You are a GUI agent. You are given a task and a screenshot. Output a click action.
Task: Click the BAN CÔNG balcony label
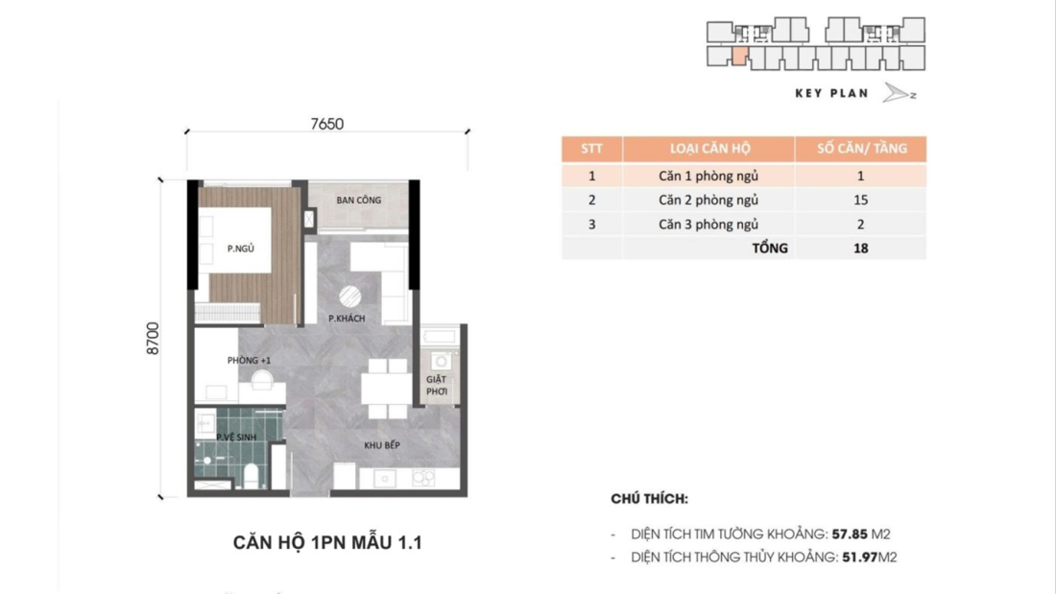point(358,201)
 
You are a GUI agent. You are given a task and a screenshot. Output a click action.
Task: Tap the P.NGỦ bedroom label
point(240,249)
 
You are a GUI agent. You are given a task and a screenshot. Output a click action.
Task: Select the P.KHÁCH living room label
point(347,319)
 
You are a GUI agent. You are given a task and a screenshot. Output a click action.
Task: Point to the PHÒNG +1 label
point(249,360)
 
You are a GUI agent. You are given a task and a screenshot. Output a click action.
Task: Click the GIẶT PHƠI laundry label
point(437,385)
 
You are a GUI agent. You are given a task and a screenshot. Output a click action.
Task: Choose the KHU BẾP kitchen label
point(381,445)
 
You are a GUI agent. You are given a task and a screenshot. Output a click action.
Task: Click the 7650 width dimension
point(326,124)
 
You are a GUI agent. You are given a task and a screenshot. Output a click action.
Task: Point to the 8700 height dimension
point(154,339)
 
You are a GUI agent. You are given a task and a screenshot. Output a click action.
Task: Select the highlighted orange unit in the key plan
point(738,56)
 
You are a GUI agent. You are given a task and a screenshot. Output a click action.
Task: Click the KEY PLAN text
point(831,93)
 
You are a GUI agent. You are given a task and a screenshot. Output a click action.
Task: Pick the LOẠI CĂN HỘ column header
point(709,149)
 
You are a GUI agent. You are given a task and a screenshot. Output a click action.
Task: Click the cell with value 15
point(860,200)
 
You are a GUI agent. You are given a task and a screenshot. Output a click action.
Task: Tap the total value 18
point(860,248)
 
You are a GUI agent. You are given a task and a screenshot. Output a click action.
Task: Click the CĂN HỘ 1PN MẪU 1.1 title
point(327,543)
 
